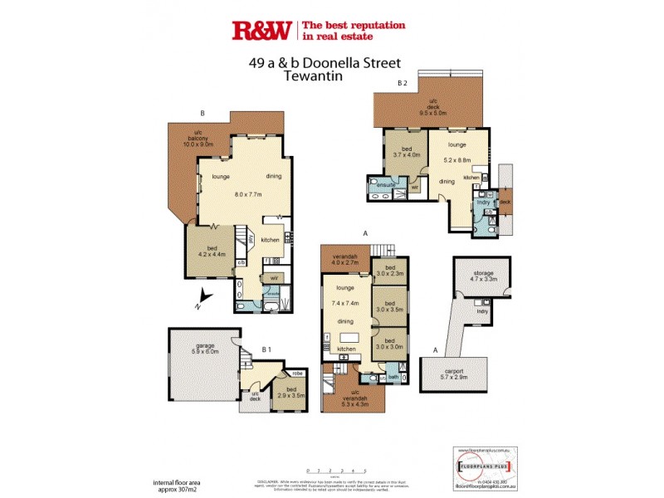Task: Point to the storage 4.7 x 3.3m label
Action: (x=483, y=276)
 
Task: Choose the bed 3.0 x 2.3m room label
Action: (x=389, y=269)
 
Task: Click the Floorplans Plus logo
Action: (x=489, y=462)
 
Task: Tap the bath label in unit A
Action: (x=393, y=376)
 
